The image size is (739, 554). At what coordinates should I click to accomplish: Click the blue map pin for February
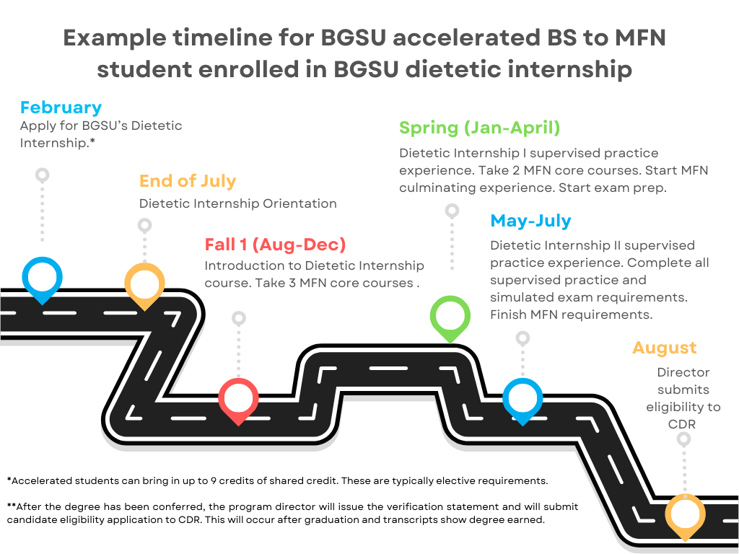(42, 277)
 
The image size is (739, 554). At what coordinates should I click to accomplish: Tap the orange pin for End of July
(144, 283)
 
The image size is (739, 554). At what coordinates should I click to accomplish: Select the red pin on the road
(238, 398)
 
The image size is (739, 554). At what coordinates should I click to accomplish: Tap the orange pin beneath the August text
(685, 514)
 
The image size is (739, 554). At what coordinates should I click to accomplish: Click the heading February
(61, 107)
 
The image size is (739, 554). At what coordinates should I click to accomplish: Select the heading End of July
(188, 180)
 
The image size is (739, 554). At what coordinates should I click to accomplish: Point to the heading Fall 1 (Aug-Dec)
(275, 244)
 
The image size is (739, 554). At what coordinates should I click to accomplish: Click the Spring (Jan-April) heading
(480, 128)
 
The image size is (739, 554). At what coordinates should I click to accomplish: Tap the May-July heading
(530, 221)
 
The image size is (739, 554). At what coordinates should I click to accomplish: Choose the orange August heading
(664, 348)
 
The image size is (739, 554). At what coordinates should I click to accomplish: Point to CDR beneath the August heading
(682, 424)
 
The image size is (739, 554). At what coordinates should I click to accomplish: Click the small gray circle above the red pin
(239, 317)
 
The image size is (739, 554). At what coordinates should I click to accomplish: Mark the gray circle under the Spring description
(452, 211)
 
